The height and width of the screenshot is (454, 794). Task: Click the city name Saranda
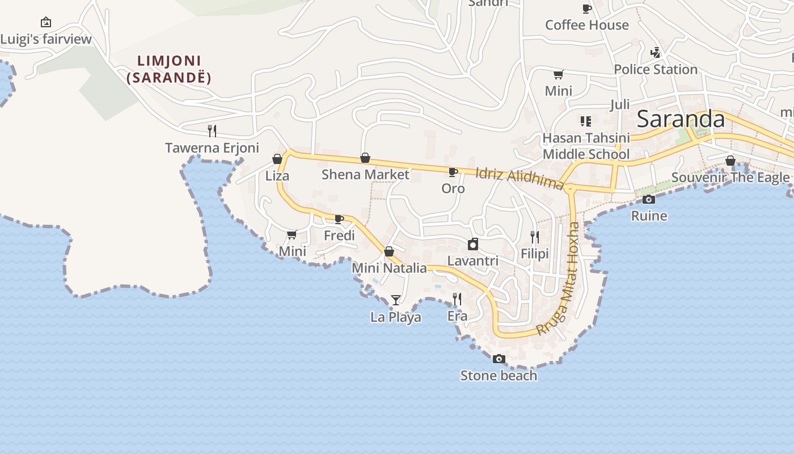(681, 119)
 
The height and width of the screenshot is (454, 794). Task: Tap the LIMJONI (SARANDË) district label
(169, 69)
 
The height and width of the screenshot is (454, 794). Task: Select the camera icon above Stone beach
(499, 359)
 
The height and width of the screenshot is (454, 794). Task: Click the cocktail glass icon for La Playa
(396, 300)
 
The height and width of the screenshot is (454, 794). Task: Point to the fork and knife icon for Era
(457, 299)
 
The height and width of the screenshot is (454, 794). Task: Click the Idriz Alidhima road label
(520, 178)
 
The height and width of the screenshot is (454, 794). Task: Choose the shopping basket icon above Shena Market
(365, 158)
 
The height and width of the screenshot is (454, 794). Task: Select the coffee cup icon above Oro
(453, 172)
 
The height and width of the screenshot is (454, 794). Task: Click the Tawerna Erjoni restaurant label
(212, 148)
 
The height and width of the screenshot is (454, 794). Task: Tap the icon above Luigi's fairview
(46, 23)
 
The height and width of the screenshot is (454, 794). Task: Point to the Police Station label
(656, 70)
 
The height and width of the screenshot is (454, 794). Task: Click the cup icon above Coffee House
(587, 9)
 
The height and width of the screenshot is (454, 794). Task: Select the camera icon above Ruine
(649, 199)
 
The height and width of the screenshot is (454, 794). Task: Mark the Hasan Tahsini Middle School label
(586, 146)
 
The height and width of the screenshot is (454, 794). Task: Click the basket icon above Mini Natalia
(389, 251)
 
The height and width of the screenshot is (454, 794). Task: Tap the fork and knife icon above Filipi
(534, 237)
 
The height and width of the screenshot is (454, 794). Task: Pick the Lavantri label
(473, 261)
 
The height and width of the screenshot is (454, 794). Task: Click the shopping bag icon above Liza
(277, 159)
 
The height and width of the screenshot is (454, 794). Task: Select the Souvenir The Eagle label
(730, 178)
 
